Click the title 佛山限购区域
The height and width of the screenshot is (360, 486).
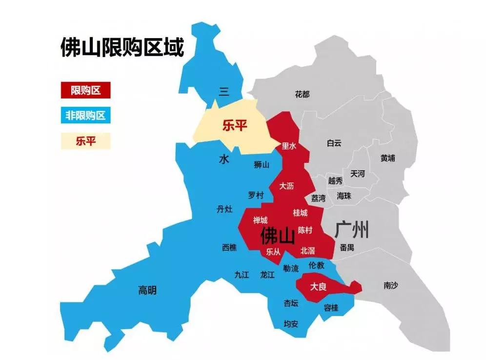(121, 48)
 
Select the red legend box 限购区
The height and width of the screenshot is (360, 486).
(85, 90)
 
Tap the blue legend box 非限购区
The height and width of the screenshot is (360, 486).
(85, 116)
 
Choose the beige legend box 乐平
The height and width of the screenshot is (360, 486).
(85, 141)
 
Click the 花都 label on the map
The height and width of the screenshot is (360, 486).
(302, 94)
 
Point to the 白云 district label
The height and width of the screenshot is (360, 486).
(334, 143)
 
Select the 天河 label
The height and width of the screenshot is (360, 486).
(357, 174)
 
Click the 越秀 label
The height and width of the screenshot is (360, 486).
(335, 180)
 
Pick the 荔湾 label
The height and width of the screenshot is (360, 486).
(318, 198)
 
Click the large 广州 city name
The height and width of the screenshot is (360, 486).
(352, 230)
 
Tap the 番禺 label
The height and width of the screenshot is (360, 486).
(347, 247)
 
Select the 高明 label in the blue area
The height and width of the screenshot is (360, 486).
(147, 290)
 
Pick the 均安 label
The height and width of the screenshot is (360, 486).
(291, 323)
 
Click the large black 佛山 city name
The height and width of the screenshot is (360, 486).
(278, 236)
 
